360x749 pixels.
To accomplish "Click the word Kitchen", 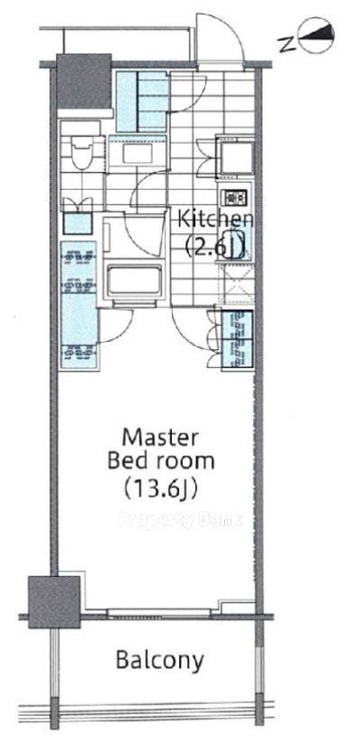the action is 215,220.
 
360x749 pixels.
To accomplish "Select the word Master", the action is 160,437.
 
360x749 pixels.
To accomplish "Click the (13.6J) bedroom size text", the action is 160,488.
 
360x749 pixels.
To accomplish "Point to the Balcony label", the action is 160,661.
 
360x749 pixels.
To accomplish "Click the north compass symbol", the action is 316,35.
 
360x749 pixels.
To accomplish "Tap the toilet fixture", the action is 80,154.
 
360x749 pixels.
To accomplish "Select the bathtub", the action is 135,281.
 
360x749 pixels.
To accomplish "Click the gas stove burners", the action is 234,196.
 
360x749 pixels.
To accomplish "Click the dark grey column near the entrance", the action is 84,82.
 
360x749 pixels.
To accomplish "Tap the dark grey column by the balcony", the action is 54,601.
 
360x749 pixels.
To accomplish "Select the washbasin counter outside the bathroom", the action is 138,154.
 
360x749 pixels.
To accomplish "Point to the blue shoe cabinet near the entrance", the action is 142,101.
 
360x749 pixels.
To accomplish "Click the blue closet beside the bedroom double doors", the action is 238,339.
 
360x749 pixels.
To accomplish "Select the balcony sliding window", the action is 159,613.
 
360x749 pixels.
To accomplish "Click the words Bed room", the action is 160,462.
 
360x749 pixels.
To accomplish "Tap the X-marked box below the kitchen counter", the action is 236,284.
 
